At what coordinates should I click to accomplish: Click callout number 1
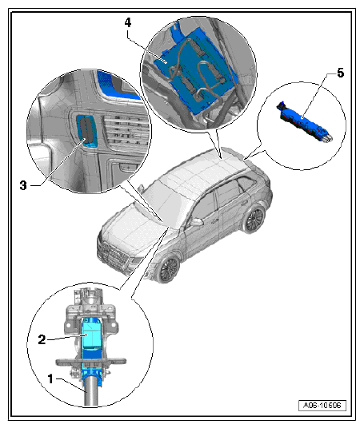point(50,378)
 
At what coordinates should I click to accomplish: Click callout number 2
point(42,339)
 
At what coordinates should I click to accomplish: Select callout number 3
point(23,185)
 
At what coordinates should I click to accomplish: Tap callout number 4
point(128,22)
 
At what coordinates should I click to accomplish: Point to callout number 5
point(340,73)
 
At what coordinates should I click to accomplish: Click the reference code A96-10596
point(322,405)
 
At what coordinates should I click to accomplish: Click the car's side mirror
point(196,222)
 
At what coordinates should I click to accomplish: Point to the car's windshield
point(162,197)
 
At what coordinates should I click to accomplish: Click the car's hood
point(131,228)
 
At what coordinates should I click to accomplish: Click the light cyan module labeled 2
point(92,335)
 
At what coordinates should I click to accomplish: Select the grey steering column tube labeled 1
point(91,390)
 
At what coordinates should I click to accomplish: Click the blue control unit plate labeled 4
point(195,69)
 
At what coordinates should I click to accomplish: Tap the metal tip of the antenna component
point(328,138)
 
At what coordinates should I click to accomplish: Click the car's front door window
point(204,206)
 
